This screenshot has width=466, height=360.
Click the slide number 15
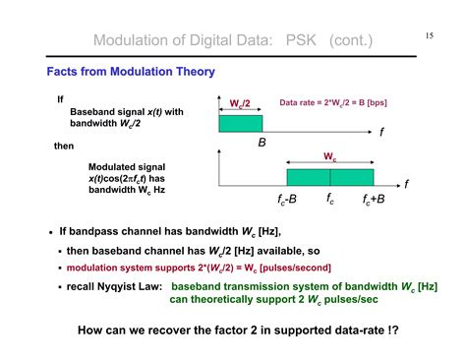pos(430,36)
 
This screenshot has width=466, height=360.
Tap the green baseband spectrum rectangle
pos(240,125)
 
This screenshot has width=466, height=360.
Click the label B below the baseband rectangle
pos(262,144)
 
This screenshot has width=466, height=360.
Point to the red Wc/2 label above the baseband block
pos(240,103)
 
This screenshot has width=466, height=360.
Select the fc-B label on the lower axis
pos(287,201)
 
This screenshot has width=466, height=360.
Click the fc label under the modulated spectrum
pos(331,200)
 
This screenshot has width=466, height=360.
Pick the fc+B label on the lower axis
pos(375,201)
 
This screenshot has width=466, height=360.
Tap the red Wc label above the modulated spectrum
pos(329,157)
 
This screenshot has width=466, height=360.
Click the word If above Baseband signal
pos(60,99)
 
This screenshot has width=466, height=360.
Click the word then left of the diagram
pos(64,146)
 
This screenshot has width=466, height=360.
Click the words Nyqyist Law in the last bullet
pos(130,286)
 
